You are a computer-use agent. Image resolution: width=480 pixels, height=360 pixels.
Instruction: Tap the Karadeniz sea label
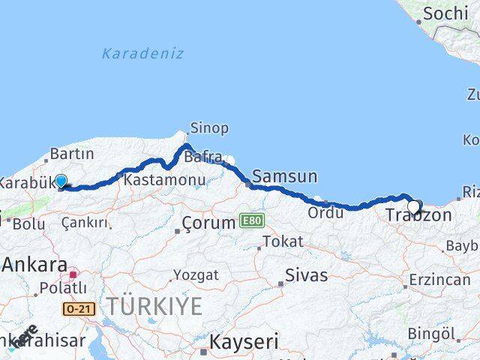(x=142, y=53)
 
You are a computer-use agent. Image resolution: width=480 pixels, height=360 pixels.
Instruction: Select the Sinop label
(x=209, y=128)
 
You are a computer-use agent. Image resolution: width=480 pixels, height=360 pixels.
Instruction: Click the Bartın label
(x=72, y=154)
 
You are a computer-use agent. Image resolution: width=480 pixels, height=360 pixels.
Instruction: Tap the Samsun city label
(x=284, y=177)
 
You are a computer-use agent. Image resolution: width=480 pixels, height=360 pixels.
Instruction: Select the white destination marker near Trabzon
(x=413, y=207)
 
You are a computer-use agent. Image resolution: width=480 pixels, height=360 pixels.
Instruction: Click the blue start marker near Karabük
(x=60, y=181)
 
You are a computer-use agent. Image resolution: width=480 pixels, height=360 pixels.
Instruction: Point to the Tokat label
(x=283, y=242)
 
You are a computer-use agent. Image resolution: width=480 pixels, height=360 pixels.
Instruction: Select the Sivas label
(x=306, y=275)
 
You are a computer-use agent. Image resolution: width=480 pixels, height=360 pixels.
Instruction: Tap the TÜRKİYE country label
(x=154, y=305)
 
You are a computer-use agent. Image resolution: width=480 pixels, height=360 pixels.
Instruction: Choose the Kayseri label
(x=244, y=343)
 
